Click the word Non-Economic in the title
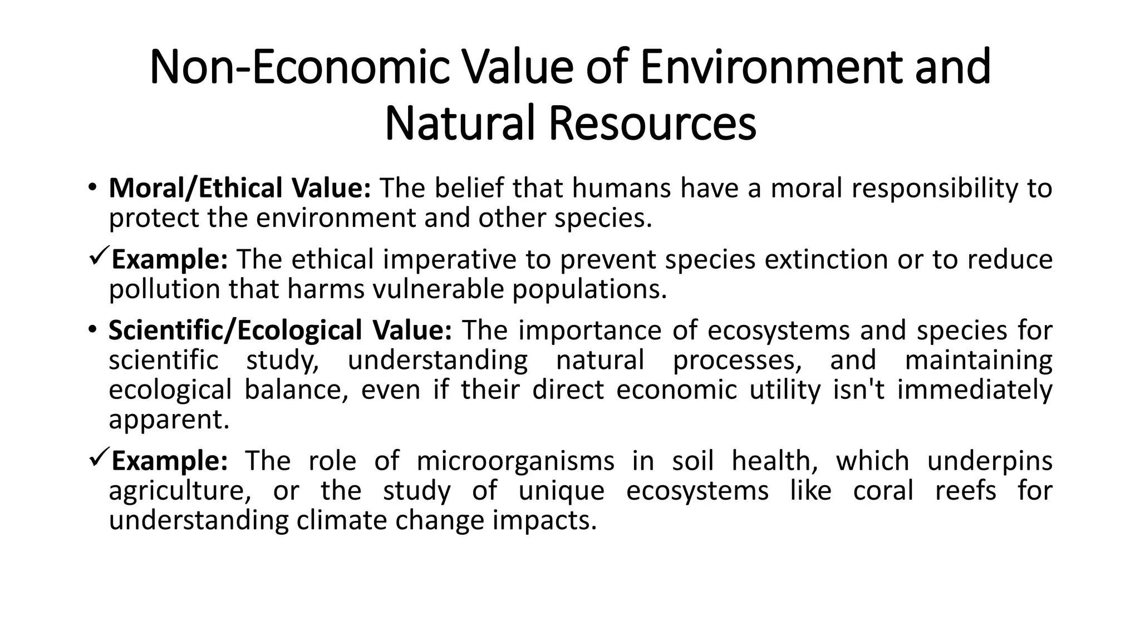point(299,67)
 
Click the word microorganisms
point(515,461)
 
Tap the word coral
point(883,491)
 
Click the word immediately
point(974,389)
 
